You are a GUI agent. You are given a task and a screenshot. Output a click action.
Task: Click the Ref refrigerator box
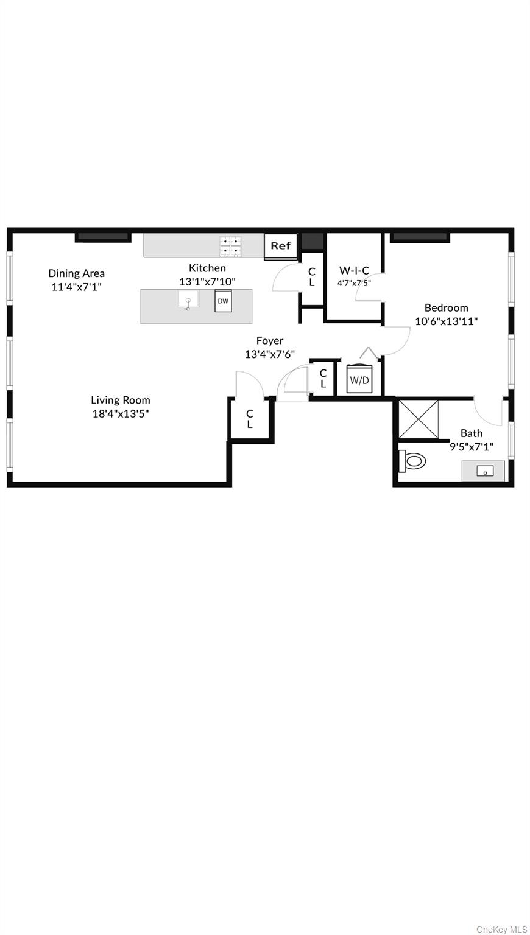click(281, 246)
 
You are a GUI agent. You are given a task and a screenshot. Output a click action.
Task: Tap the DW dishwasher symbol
click(223, 301)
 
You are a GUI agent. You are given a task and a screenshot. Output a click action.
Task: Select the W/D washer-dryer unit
click(358, 380)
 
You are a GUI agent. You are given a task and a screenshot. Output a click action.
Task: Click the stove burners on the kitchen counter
click(231, 246)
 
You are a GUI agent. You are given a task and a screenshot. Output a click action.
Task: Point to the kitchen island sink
click(188, 301)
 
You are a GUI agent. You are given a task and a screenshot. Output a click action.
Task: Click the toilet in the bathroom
click(412, 461)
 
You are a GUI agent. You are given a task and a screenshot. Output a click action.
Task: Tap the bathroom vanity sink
click(484, 471)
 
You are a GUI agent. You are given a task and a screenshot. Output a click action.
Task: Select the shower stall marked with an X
click(419, 419)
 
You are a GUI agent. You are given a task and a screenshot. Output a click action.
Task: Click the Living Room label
click(121, 400)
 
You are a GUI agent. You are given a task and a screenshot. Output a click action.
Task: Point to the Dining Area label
click(77, 273)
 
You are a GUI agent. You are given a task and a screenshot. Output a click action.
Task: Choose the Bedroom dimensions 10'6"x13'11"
click(447, 321)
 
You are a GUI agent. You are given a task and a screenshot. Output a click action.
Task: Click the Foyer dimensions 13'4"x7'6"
click(270, 354)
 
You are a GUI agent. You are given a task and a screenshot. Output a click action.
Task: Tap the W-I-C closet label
click(354, 271)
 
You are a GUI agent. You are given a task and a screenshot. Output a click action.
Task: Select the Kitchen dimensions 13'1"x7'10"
click(207, 281)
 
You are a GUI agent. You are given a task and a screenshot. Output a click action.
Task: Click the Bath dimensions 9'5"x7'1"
click(472, 446)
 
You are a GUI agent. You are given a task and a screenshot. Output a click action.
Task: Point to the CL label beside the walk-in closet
click(312, 278)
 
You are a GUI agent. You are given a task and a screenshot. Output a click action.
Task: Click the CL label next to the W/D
click(323, 378)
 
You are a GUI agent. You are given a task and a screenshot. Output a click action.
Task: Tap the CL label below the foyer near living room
click(250, 419)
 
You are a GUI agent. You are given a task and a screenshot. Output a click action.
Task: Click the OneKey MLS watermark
click(502, 929)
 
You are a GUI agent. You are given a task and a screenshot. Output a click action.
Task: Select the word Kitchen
click(207, 268)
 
